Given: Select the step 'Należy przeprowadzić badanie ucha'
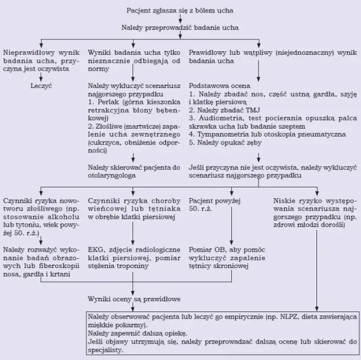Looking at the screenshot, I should tap(179, 27).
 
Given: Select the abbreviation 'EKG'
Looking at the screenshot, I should tap(95, 249).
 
